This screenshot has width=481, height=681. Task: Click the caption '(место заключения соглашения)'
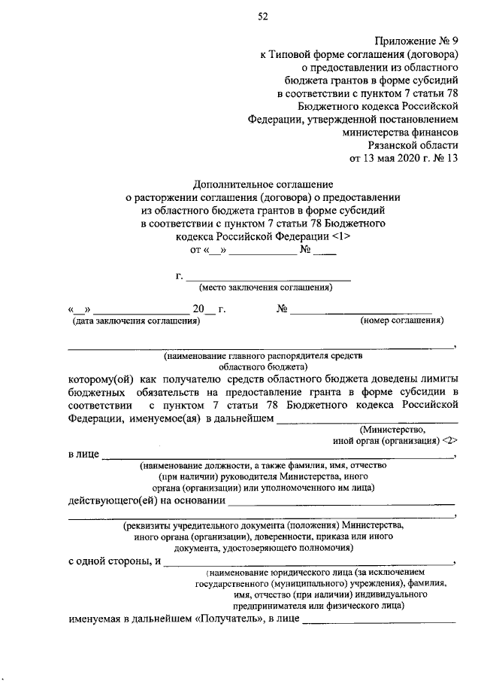point(265,288)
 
